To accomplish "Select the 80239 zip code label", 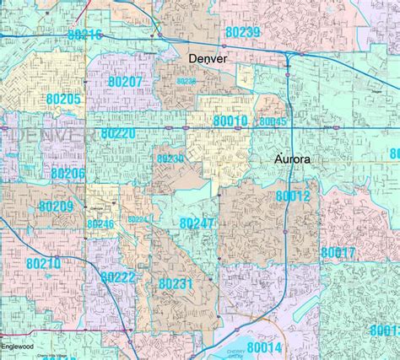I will click(243, 32).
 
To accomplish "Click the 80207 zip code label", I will click(127, 82).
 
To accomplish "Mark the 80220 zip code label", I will click(117, 133).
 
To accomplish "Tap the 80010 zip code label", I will click(230, 122).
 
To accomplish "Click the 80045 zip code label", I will click(273, 122).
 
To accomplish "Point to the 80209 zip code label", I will click(57, 207).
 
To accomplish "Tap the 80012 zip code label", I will click(293, 196).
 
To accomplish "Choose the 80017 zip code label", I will click(338, 253).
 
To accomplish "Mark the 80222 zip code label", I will click(117, 277).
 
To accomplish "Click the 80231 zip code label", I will click(176, 284).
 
